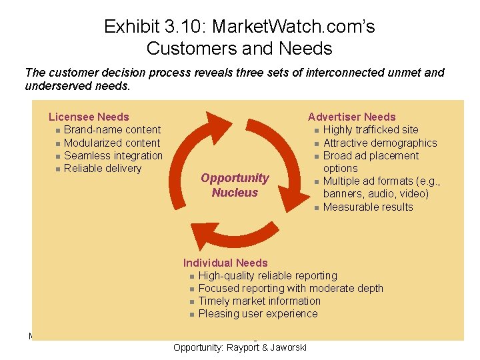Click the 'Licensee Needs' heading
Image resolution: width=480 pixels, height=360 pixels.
[89, 117]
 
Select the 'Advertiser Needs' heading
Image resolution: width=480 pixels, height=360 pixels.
[351, 117]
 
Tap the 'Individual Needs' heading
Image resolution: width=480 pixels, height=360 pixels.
[225, 263]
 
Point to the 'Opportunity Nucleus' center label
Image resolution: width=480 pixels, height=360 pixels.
[235, 185]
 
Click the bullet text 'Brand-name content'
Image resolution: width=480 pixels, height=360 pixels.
[112, 130]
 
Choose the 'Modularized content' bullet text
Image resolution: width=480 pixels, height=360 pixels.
[112, 143]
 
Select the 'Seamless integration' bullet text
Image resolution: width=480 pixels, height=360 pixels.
[113, 155]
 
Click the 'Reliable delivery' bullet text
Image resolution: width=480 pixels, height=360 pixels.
[103, 168]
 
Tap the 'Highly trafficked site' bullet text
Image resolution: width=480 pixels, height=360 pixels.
[371, 130]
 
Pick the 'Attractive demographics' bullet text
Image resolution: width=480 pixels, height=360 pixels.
[380, 143]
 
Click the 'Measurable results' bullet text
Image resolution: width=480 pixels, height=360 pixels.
[368, 207]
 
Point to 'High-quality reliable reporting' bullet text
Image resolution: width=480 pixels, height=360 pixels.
[268, 275]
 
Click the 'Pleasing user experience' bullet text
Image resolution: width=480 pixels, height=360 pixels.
[258, 313]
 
